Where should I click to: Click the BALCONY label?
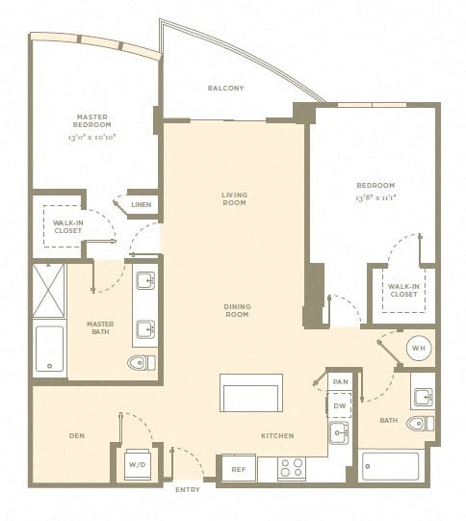click(x=226, y=88)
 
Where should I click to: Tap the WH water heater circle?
click(x=419, y=349)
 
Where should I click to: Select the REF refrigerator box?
click(x=239, y=468)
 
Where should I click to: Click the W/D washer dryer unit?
click(x=137, y=465)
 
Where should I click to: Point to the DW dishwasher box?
click(x=339, y=405)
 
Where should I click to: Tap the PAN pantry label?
click(x=341, y=381)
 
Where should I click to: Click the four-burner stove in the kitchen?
click(x=292, y=468)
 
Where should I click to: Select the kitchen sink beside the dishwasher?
click(x=339, y=432)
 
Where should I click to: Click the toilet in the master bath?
click(x=142, y=362)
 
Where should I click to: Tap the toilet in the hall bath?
click(x=420, y=424)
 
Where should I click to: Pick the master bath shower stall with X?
click(x=49, y=291)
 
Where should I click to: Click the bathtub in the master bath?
click(x=49, y=349)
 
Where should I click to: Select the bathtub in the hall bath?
click(x=390, y=466)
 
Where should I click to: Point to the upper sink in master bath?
click(x=145, y=281)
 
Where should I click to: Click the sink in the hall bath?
click(x=424, y=397)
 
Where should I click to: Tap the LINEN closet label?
click(x=142, y=205)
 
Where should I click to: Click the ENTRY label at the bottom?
click(x=188, y=489)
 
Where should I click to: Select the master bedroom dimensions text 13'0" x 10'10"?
click(x=91, y=137)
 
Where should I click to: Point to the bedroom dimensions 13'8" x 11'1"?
click(x=376, y=197)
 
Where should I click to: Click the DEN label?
click(x=77, y=435)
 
